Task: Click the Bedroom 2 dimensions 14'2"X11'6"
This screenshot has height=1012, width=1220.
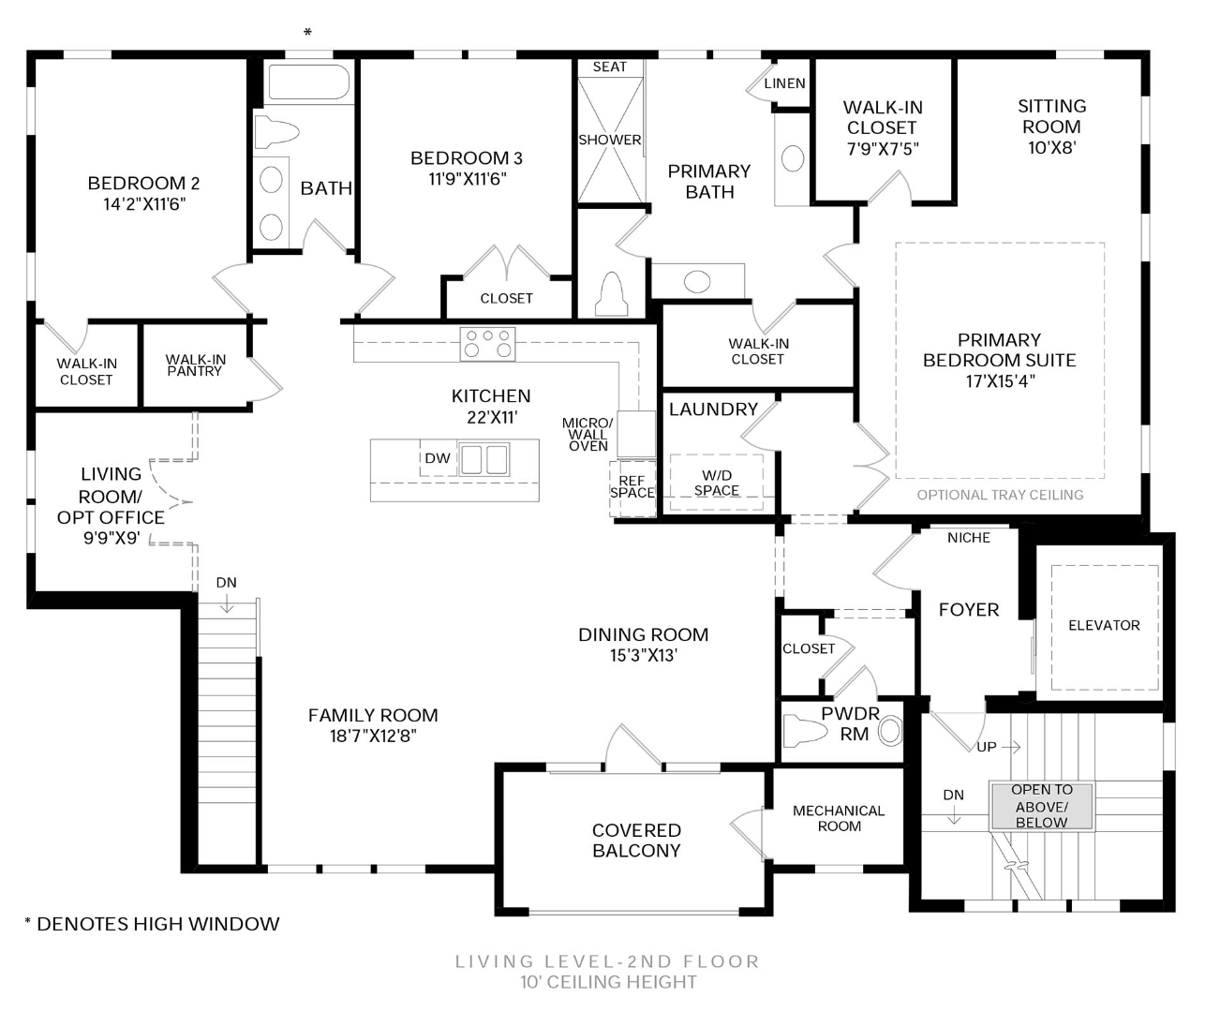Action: pyautogui.click(x=143, y=204)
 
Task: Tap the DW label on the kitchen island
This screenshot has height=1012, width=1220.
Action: pyautogui.click(x=438, y=458)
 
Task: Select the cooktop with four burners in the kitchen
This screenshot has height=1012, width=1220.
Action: pyautogui.click(x=488, y=344)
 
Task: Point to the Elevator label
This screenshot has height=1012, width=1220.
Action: pyautogui.click(x=1104, y=625)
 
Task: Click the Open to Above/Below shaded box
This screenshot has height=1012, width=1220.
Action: pyautogui.click(x=1041, y=806)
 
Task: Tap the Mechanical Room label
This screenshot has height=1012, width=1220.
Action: pyautogui.click(x=839, y=818)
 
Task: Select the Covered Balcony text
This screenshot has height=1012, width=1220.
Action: pyautogui.click(x=636, y=841)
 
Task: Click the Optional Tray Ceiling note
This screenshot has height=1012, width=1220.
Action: pyautogui.click(x=1000, y=495)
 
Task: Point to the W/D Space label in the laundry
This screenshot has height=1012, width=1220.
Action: pyautogui.click(x=717, y=483)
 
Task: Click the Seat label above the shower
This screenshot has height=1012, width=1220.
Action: pyautogui.click(x=609, y=67)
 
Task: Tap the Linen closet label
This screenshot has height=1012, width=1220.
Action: pyautogui.click(x=784, y=83)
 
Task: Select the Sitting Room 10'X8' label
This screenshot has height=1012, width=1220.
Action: pyautogui.click(x=1051, y=126)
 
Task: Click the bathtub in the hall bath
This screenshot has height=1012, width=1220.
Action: pyautogui.click(x=308, y=82)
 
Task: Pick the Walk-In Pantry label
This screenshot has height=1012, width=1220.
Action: pyautogui.click(x=195, y=365)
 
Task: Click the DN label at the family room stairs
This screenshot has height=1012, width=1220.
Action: pyautogui.click(x=226, y=583)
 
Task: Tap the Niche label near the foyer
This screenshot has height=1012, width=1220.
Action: pyautogui.click(x=968, y=538)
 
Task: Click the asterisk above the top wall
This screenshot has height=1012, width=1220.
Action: pyautogui.click(x=307, y=34)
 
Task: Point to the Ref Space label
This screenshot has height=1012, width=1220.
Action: pyautogui.click(x=632, y=486)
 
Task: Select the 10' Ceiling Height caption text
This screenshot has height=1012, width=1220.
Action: pyautogui.click(x=608, y=982)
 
